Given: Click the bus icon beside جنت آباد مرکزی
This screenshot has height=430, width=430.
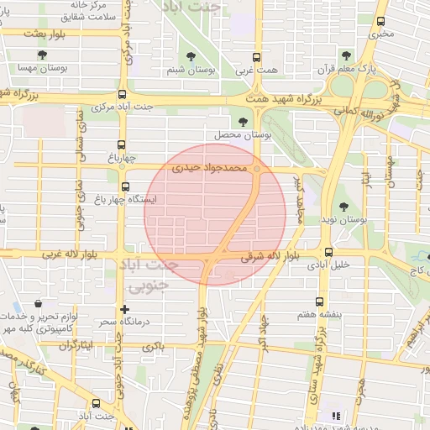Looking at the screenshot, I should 123,95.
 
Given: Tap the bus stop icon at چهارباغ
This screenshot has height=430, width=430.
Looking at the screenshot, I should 123,144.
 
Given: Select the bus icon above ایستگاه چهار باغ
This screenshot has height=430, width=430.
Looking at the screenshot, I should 125,186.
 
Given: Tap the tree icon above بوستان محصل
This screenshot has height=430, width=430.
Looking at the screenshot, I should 244,122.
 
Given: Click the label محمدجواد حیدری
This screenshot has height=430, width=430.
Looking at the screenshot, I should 210,168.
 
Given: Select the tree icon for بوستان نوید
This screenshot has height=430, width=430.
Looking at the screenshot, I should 343,207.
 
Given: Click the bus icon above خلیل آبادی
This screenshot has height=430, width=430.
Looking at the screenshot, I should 328,251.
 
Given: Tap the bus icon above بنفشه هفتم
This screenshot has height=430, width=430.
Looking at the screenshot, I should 318,302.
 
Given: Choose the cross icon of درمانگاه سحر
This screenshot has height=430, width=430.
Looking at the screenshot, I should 125,310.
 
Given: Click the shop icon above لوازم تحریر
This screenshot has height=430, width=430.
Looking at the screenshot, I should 38,304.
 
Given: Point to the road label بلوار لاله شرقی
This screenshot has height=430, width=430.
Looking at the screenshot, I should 270,258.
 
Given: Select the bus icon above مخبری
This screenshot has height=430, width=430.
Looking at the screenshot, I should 381,22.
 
